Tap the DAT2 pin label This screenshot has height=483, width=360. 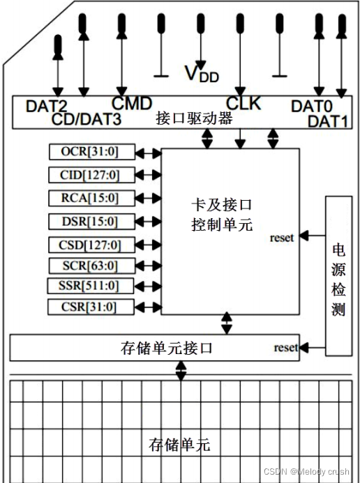pos(47,107)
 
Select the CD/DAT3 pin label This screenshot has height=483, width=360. pos(87,119)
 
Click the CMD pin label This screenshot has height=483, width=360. pos(132,104)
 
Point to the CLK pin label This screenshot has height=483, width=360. pos(243,104)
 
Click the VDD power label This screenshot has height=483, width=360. pos(201,73)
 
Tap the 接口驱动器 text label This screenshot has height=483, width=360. pos(194,118)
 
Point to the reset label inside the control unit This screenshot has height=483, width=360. pos(283,237)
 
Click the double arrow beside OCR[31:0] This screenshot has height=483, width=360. pos(147,152)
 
